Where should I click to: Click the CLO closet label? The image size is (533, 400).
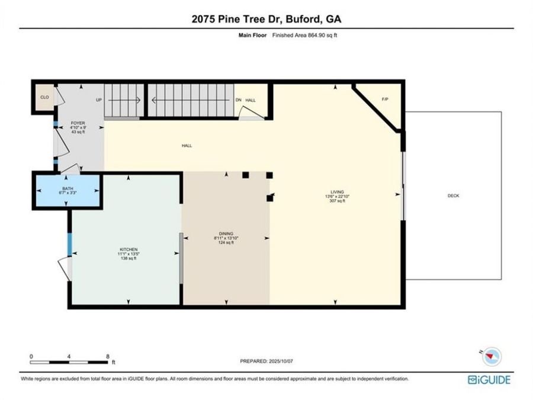point(44,97)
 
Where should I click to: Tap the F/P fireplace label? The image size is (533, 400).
point(385,100)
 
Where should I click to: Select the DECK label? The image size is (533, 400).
point(453,196)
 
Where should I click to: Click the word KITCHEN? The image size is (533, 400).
point(129,249)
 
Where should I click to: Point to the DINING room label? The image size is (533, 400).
point(226,233)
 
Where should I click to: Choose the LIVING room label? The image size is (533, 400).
point(337,192)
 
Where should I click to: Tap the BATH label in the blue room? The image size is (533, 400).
point(68,188)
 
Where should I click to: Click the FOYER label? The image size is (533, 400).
point(78,123)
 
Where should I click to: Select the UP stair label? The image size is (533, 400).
point(99,100)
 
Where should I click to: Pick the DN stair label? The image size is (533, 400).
point(238,100)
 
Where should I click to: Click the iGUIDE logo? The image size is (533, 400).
point(489,380)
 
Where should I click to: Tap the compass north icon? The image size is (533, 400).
point(492,357)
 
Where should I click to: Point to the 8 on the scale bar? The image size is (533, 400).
point(108,357)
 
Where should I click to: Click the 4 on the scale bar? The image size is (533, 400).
point(69,357)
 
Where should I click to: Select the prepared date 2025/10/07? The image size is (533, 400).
point(281,361)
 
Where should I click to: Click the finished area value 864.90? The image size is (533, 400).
point(317,35)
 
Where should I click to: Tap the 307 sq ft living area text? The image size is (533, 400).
point(337,201)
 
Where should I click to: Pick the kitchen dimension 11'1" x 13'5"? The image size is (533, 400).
point(129,254)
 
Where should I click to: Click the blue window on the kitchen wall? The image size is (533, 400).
point(70,244)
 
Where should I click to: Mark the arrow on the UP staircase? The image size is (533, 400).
point(124,100)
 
